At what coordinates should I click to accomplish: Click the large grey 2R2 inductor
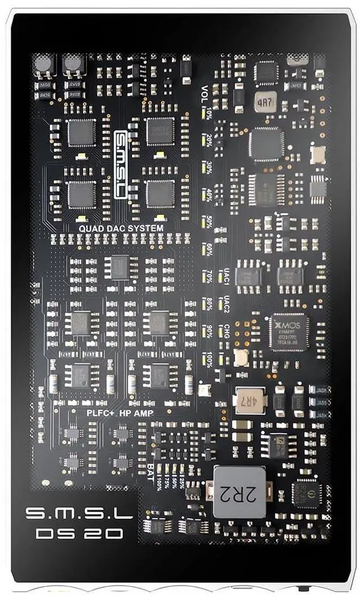tap(241, 492)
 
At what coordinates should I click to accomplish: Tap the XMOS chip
tap(289, 333)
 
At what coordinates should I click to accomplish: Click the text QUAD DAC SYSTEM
tap(121, 228)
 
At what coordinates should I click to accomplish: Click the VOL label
tap(206, 90)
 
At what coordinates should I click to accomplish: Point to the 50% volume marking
tap(209, 222)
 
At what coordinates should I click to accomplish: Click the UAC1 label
tap(226, 276)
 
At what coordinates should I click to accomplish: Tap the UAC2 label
tap(226, 304)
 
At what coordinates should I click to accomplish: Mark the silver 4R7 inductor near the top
tap(264, 102)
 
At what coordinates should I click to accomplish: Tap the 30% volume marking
tap(209, 168)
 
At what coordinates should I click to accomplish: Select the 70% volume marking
tap(209, 276)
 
